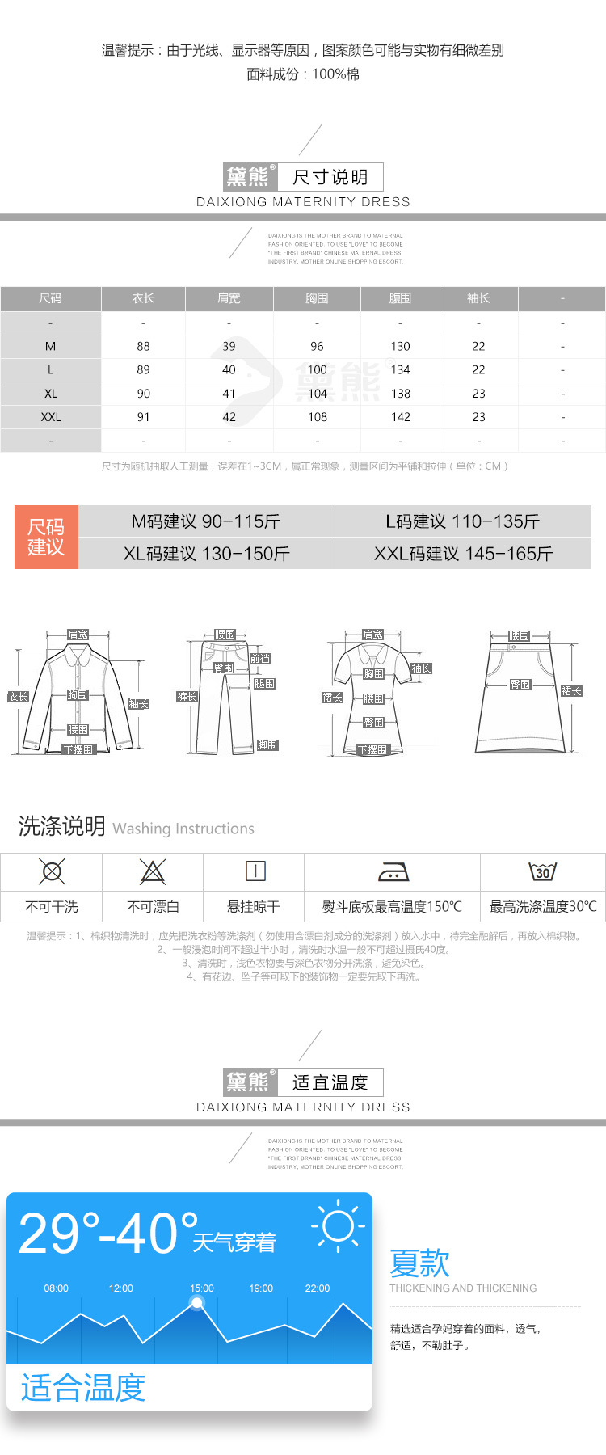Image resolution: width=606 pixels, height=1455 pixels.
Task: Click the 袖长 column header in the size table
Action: point(478,298)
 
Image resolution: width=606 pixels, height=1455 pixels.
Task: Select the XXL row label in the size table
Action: point(51,417)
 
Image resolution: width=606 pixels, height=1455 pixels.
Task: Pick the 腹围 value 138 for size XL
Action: point(401,394)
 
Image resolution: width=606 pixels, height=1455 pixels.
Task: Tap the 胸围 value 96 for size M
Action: point(317,346)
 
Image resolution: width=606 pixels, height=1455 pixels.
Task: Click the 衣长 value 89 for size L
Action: point(143,369)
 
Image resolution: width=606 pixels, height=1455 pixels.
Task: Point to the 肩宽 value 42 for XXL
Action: point(229,417)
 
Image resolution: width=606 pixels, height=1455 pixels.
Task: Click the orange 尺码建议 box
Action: point(46,537)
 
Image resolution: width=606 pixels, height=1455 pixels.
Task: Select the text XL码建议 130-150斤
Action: point(206,554)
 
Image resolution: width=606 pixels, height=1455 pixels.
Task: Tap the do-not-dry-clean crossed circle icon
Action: point(52,871)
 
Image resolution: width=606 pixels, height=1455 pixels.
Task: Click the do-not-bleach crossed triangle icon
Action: point(152,871)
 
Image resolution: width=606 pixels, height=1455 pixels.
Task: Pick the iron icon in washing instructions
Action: point(393,871)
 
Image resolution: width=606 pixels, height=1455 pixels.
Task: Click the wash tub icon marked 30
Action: point(542,871)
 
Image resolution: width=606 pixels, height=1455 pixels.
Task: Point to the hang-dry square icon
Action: point(255,871)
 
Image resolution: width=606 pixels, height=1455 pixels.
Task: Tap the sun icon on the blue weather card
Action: point(338,1226)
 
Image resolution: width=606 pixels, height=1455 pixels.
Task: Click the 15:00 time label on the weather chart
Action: point(202,1288)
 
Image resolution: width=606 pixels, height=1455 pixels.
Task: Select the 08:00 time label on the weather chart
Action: point(57,1288)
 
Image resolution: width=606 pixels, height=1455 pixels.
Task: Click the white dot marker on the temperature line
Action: point(197,1302)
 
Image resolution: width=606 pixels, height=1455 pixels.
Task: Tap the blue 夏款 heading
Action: point(419,1263)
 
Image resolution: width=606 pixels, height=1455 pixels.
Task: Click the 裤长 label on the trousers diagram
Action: point(187,697)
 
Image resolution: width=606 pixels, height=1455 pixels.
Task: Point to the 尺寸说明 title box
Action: point(330,177)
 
